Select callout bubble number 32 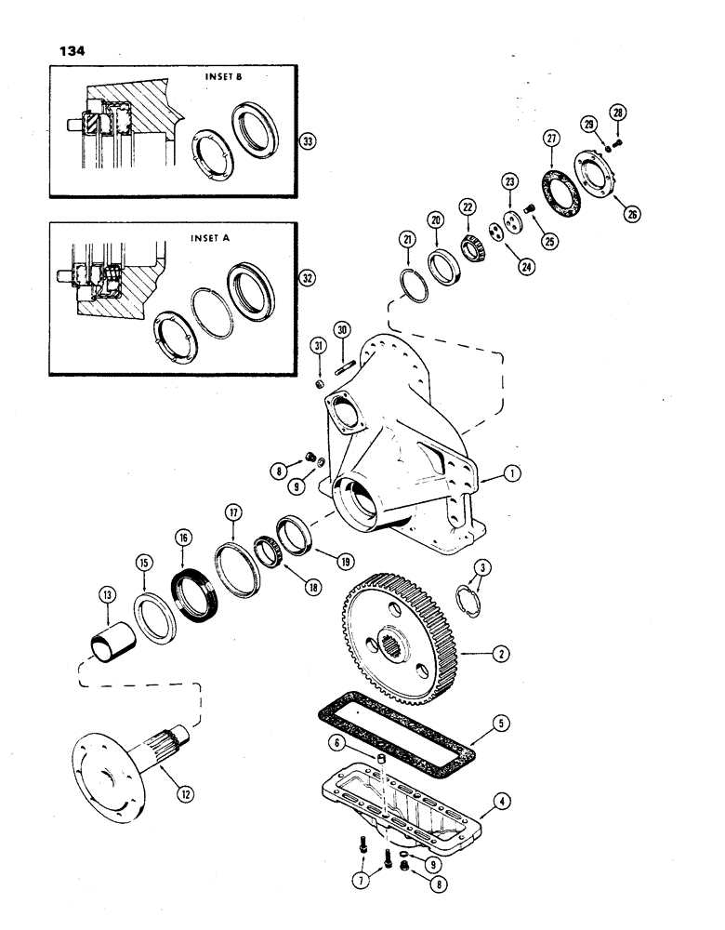click(307, 278)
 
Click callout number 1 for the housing click(510, 475)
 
